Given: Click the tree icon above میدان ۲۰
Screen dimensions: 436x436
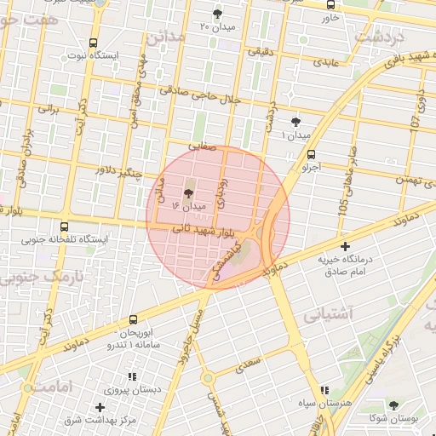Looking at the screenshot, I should pyautogui.click(x=217, y=13).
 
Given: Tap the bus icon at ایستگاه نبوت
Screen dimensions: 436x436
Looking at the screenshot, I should pyautogui.click(x=92, y=42).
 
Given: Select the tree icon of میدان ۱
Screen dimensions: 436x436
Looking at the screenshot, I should pyautogui.click(x=295, y=122).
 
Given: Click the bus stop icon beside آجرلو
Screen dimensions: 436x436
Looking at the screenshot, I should pyautogui.click(x=311, y=154).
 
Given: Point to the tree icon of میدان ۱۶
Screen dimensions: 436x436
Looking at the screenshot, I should pyautogui.click(x=188, y=193).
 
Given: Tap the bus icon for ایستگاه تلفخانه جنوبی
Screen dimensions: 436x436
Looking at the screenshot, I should pyautogui.click(x=65, y=227).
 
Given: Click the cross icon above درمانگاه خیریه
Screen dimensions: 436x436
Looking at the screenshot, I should pyautogui.click(x=345, y=246).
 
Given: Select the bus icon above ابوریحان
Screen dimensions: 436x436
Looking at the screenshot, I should pyautogui.click(x=132, y=319).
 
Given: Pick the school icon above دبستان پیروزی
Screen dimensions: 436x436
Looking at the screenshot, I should pyautogui.click(x=131, y=376).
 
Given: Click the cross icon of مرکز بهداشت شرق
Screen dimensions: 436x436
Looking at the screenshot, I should pyautogui.click(x=100, y=408).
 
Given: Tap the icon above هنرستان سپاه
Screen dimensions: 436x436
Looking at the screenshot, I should pyautogui.click(x=324, y=389).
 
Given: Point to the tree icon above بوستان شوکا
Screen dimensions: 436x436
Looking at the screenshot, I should pyautogui.click(x=393, y=404).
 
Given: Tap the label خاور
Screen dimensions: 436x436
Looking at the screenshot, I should pyautogui.click(x=330, y=17).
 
